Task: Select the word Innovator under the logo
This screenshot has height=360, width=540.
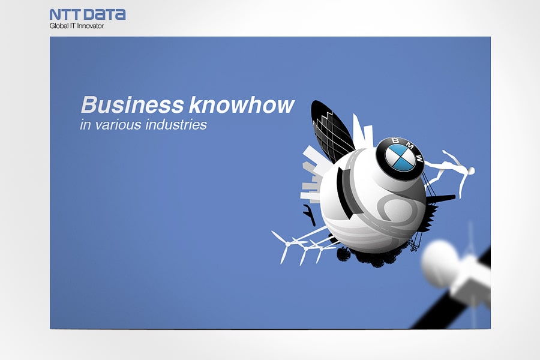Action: point(90,26)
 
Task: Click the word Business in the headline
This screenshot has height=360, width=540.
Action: point(132,105)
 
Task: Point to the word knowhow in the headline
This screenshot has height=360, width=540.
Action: point(241,105)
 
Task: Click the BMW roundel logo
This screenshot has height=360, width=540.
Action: point(400,154)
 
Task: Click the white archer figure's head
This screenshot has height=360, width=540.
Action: point(470,171)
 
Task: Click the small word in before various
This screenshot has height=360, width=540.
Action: point(84,125)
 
